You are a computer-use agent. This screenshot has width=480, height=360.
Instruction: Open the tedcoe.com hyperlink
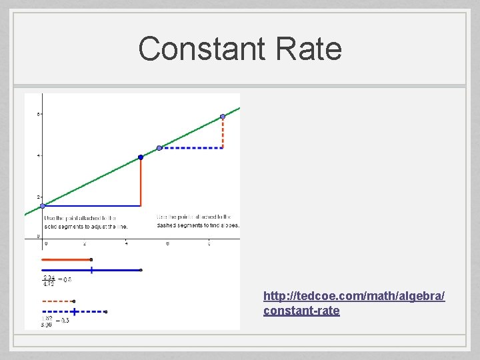[354, 303]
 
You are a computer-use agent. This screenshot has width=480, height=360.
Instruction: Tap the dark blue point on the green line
[141, 157]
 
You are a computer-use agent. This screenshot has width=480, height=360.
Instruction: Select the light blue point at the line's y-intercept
[42, 206]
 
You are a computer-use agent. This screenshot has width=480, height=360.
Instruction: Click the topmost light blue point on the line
[223, 117]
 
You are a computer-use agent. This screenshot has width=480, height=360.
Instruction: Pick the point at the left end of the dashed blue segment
[159, 148]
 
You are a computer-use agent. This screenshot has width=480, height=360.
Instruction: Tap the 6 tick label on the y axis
[38, 115]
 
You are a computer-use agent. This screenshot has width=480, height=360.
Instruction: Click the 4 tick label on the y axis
[38, 156]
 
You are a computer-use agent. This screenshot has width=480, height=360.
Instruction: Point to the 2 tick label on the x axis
[85, 243]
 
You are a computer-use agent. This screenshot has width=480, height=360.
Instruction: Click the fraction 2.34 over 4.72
[49, 280]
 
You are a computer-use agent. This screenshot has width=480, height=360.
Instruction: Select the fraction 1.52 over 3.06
[47, 321]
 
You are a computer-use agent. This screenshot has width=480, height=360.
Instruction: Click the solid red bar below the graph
[66, 259]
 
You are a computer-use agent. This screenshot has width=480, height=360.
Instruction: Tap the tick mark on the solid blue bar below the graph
[91, 270]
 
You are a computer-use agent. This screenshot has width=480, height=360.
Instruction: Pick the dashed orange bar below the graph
[58, 301]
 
